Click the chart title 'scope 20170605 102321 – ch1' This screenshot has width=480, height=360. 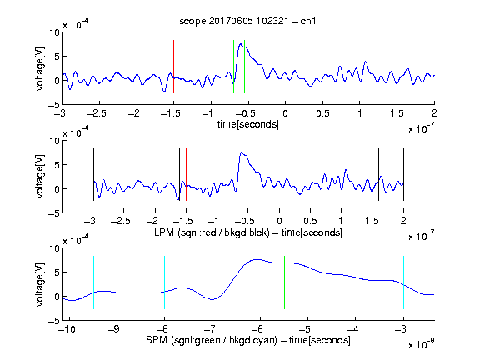click(x=247, y=21)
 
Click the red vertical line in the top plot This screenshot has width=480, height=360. click(x=173, y=67)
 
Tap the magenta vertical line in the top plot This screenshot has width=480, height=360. click(x=397, y=67)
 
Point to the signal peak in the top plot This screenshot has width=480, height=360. click(x=241, y=44)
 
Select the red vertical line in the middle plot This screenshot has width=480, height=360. click(x=186, y=174)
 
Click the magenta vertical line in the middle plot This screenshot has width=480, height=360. click(x=372, y=174)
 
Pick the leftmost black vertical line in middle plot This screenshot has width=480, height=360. click(x=93, y=174)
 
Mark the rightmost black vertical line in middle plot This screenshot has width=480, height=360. click(x=403, y=174)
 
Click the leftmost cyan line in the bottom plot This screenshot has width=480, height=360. click(x=93, y=282)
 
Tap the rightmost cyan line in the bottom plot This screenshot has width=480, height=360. click(x=403, y=282)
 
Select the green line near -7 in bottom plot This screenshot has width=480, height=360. click(x=212, y=282)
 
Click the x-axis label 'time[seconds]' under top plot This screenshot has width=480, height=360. click(x=248, y=124)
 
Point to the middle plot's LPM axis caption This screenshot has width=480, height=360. click(x=248, y=232)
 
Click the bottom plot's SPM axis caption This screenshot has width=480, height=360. click(x=248, y=340)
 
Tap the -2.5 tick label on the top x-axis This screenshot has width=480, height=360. click(x=97, y=113)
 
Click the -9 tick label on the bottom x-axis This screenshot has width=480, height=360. click(x=114, y=329)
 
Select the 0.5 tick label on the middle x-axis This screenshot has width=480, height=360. click(x=310, y=222)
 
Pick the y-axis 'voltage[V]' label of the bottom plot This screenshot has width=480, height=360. click(x=40, y=284)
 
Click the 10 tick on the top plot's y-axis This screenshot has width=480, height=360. click(x=55, y=32)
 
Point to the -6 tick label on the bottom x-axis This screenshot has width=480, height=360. click(x=257, y=329)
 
